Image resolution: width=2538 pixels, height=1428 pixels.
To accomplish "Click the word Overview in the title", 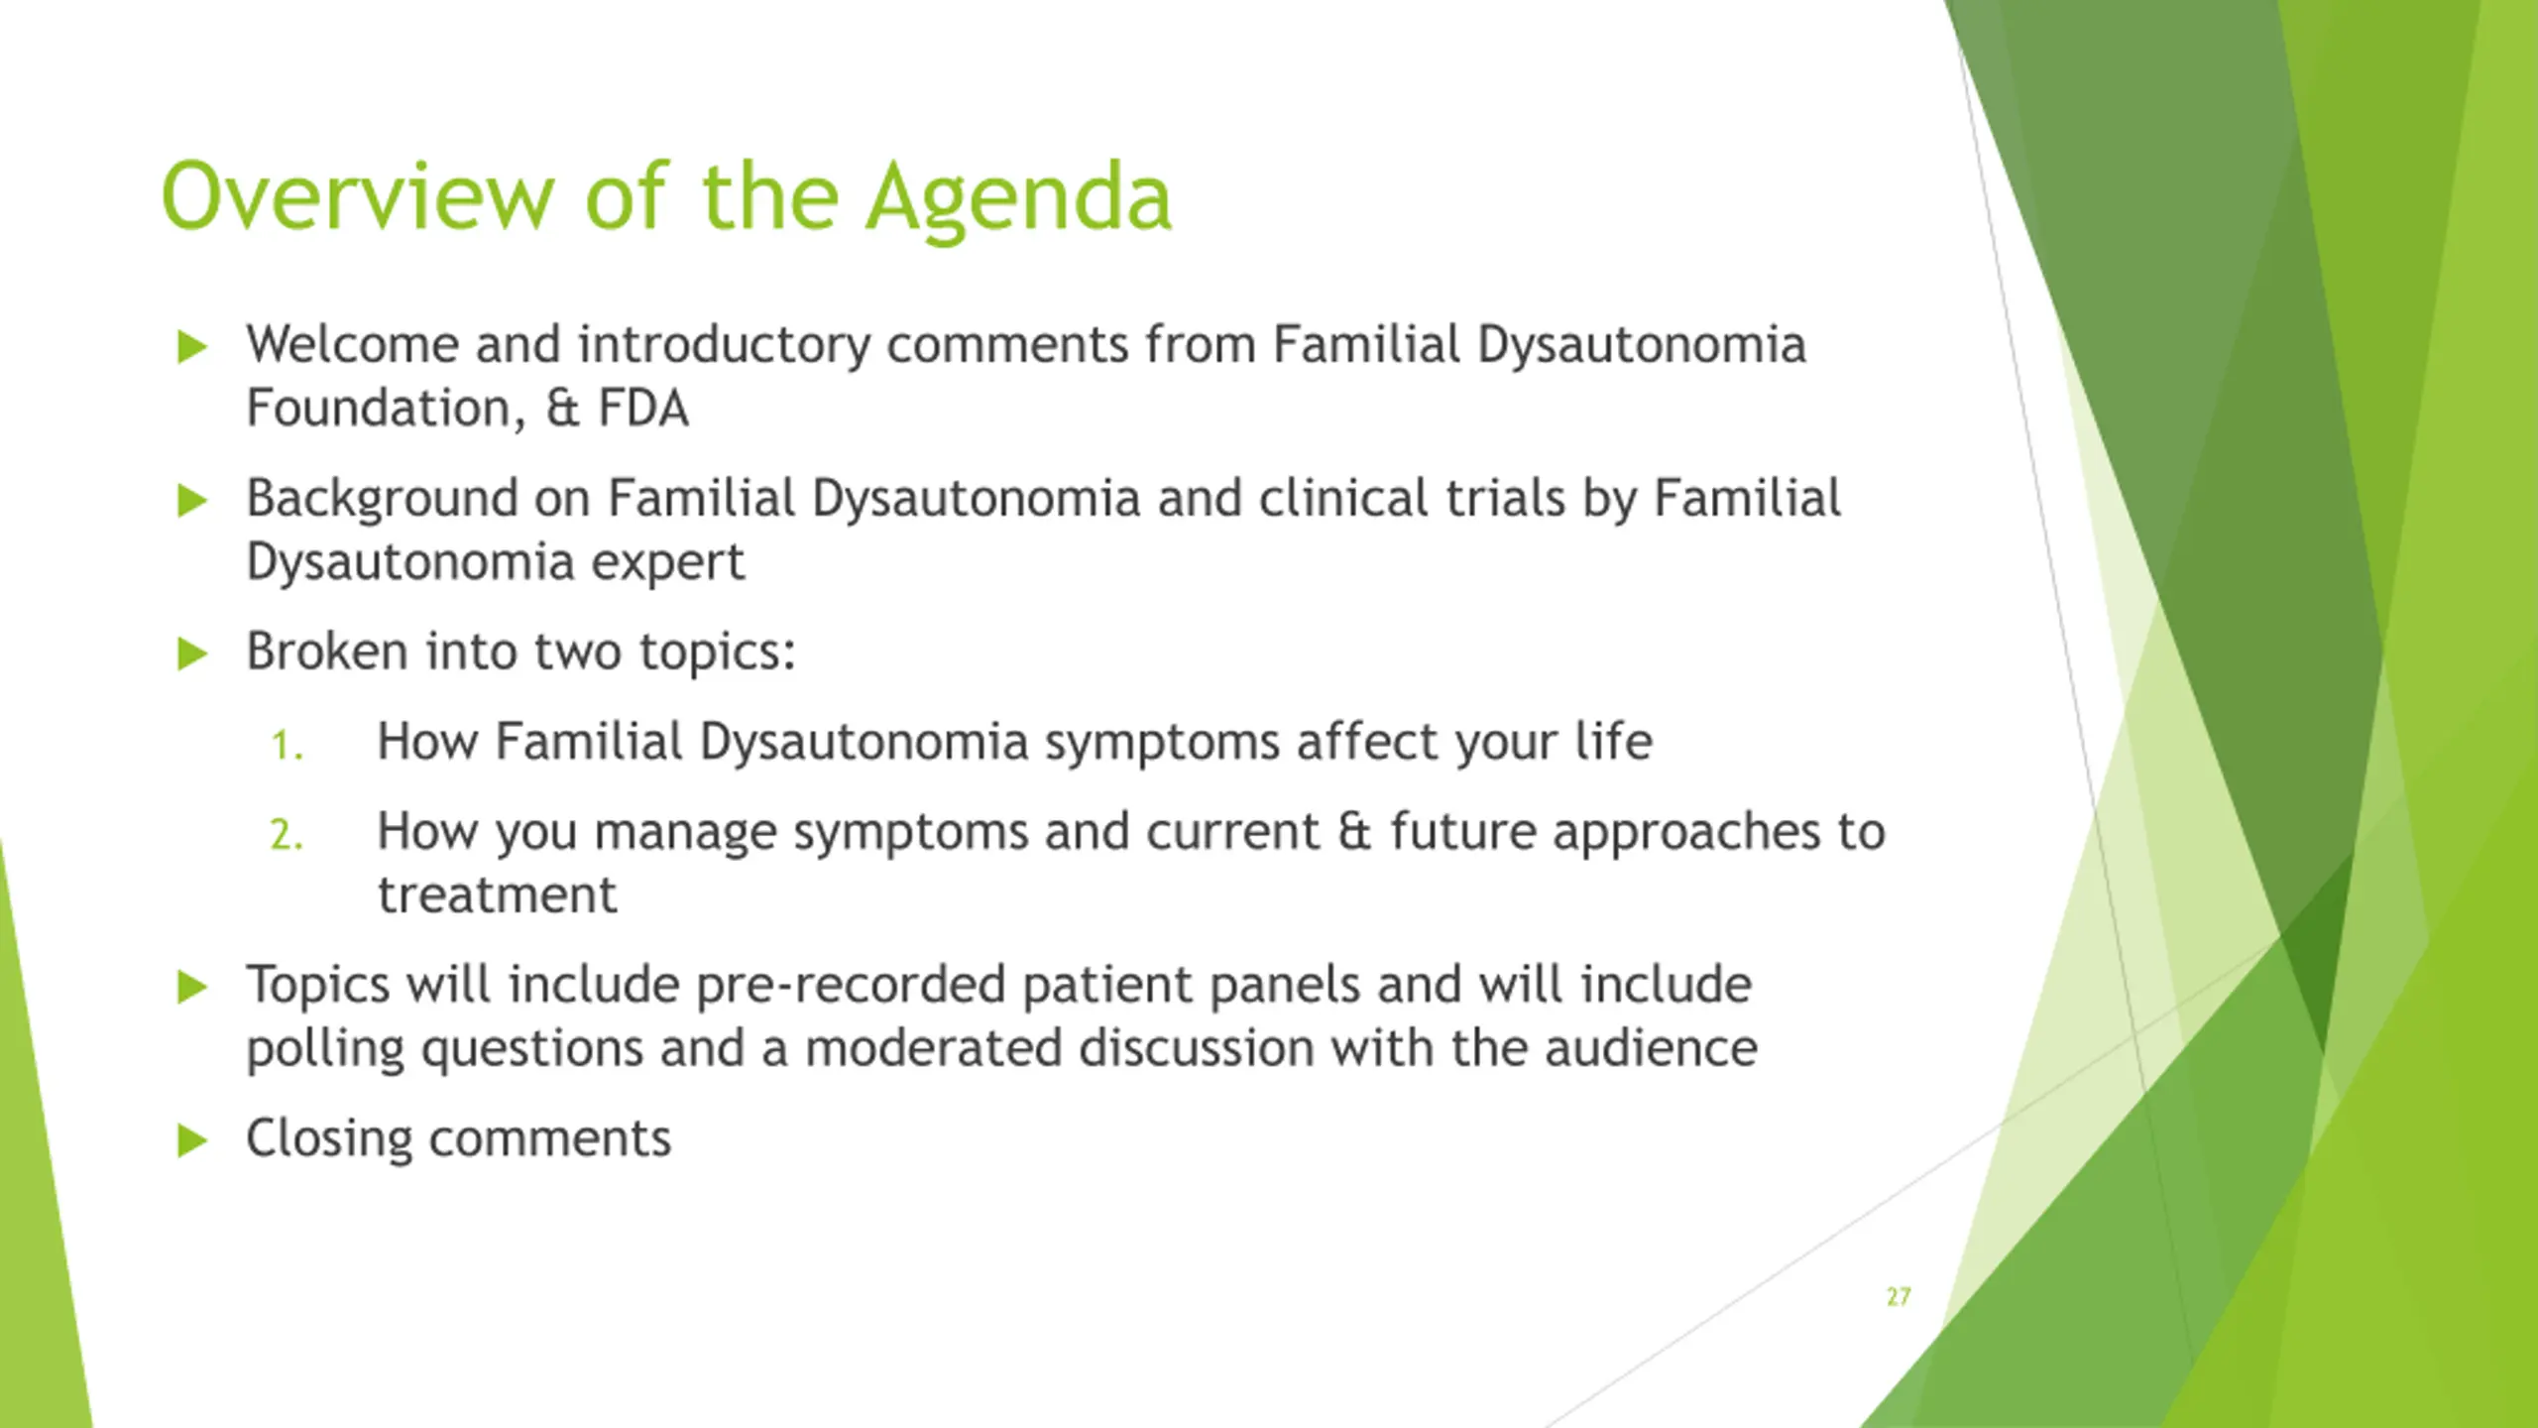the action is tap(358, 195).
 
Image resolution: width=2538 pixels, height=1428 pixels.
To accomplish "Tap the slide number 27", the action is tap(1899, 1297).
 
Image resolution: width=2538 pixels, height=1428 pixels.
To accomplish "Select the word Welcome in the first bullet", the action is tap(353, 344).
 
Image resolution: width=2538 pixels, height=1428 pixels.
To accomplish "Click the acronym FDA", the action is tap(642, 409).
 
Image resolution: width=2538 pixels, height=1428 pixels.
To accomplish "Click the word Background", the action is tap(383, 500).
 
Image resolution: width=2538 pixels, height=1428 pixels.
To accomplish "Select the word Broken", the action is tap(327, 652).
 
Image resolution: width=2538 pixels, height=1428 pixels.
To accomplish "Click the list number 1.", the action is tap(287, 746).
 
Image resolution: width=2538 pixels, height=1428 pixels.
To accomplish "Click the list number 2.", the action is tap(287, 835).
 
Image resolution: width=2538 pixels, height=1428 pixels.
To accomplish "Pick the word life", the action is tap(1614, 741).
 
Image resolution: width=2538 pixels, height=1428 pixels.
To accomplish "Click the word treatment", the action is tap(498, 894).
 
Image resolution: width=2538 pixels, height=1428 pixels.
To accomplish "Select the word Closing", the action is tap(329, 1139).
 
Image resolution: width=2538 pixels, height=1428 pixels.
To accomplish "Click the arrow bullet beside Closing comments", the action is tap(192, 1140).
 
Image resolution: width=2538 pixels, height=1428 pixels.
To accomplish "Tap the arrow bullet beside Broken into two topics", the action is tap(192, 654).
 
